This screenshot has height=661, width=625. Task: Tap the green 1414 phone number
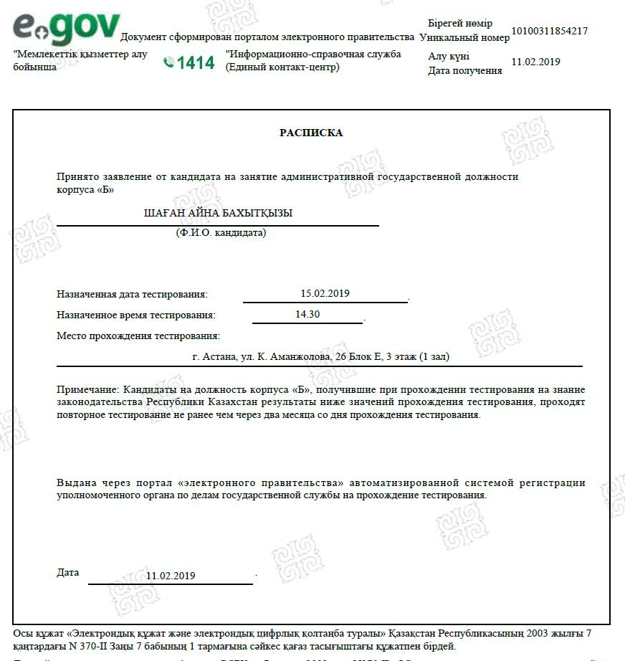(196, 63)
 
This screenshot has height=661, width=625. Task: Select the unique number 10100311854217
(549, 32)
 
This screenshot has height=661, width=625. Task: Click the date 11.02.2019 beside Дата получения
(535, 62)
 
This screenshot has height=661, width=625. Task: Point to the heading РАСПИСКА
(311, 133)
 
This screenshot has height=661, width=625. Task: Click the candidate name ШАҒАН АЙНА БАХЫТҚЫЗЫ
(219, 213)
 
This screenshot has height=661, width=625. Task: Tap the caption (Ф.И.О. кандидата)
(221, 232)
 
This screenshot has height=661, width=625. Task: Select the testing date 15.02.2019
(325, 293)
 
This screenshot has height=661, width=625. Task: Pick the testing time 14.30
(307, 314)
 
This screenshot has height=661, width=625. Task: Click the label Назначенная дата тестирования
(132, 294)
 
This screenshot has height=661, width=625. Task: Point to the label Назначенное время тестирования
(135, 315)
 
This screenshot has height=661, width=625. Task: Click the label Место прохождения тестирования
(138, 336)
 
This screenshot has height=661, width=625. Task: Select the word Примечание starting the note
(87, 389)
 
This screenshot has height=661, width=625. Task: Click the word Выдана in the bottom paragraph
(74, 482)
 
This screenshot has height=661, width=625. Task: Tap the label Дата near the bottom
(67, 573)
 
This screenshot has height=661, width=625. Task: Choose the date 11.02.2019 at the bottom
(171, 576)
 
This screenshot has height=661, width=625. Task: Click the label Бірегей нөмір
(459, 24)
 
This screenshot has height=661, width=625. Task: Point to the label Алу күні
(449, 57)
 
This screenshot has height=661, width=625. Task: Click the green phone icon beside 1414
(169, 63)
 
